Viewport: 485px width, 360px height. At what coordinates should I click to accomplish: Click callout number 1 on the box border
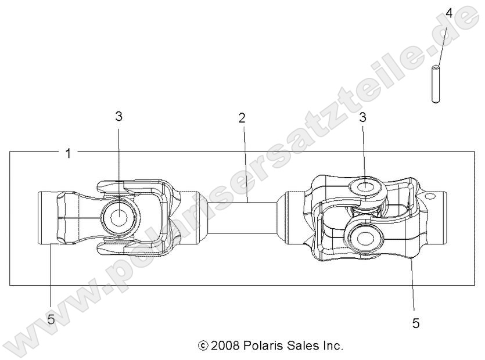pos(69,154)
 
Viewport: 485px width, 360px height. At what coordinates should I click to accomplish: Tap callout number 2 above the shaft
pos(242,118)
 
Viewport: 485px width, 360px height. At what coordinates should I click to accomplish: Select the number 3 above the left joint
pos(118,116)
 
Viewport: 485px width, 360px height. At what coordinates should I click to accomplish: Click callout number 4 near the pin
pos(448,12)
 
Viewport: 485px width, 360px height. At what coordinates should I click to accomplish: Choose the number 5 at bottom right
pos(416,323)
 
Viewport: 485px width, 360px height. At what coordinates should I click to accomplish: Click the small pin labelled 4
pos(435,84)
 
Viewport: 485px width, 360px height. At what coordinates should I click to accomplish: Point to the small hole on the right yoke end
pos(430,197)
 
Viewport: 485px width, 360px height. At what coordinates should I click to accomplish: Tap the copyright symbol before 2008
pos(203,346)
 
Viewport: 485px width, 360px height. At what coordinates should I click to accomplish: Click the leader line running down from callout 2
pos(244,163)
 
